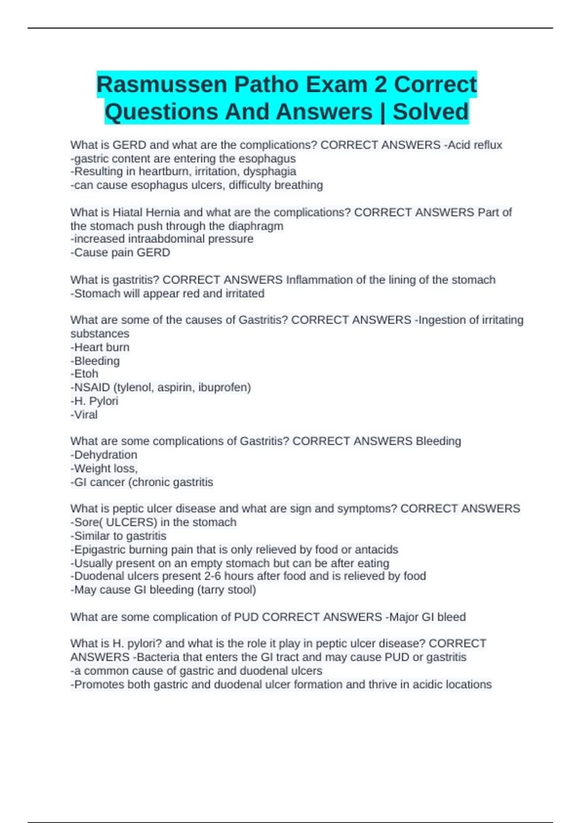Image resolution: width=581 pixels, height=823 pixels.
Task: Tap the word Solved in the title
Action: (x=430, y=112)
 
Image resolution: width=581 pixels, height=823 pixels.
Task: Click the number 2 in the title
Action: (x=380, y=85)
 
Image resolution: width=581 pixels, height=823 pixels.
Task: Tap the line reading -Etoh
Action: (x=85, y=374)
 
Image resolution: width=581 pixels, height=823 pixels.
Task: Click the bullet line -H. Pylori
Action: (x=94, y=401)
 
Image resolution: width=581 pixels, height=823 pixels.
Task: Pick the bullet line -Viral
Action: (x=84, y=414)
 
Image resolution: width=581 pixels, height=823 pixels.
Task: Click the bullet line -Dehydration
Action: (x=104, y=455)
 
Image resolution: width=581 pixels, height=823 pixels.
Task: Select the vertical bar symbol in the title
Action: (x=382, y=112)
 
